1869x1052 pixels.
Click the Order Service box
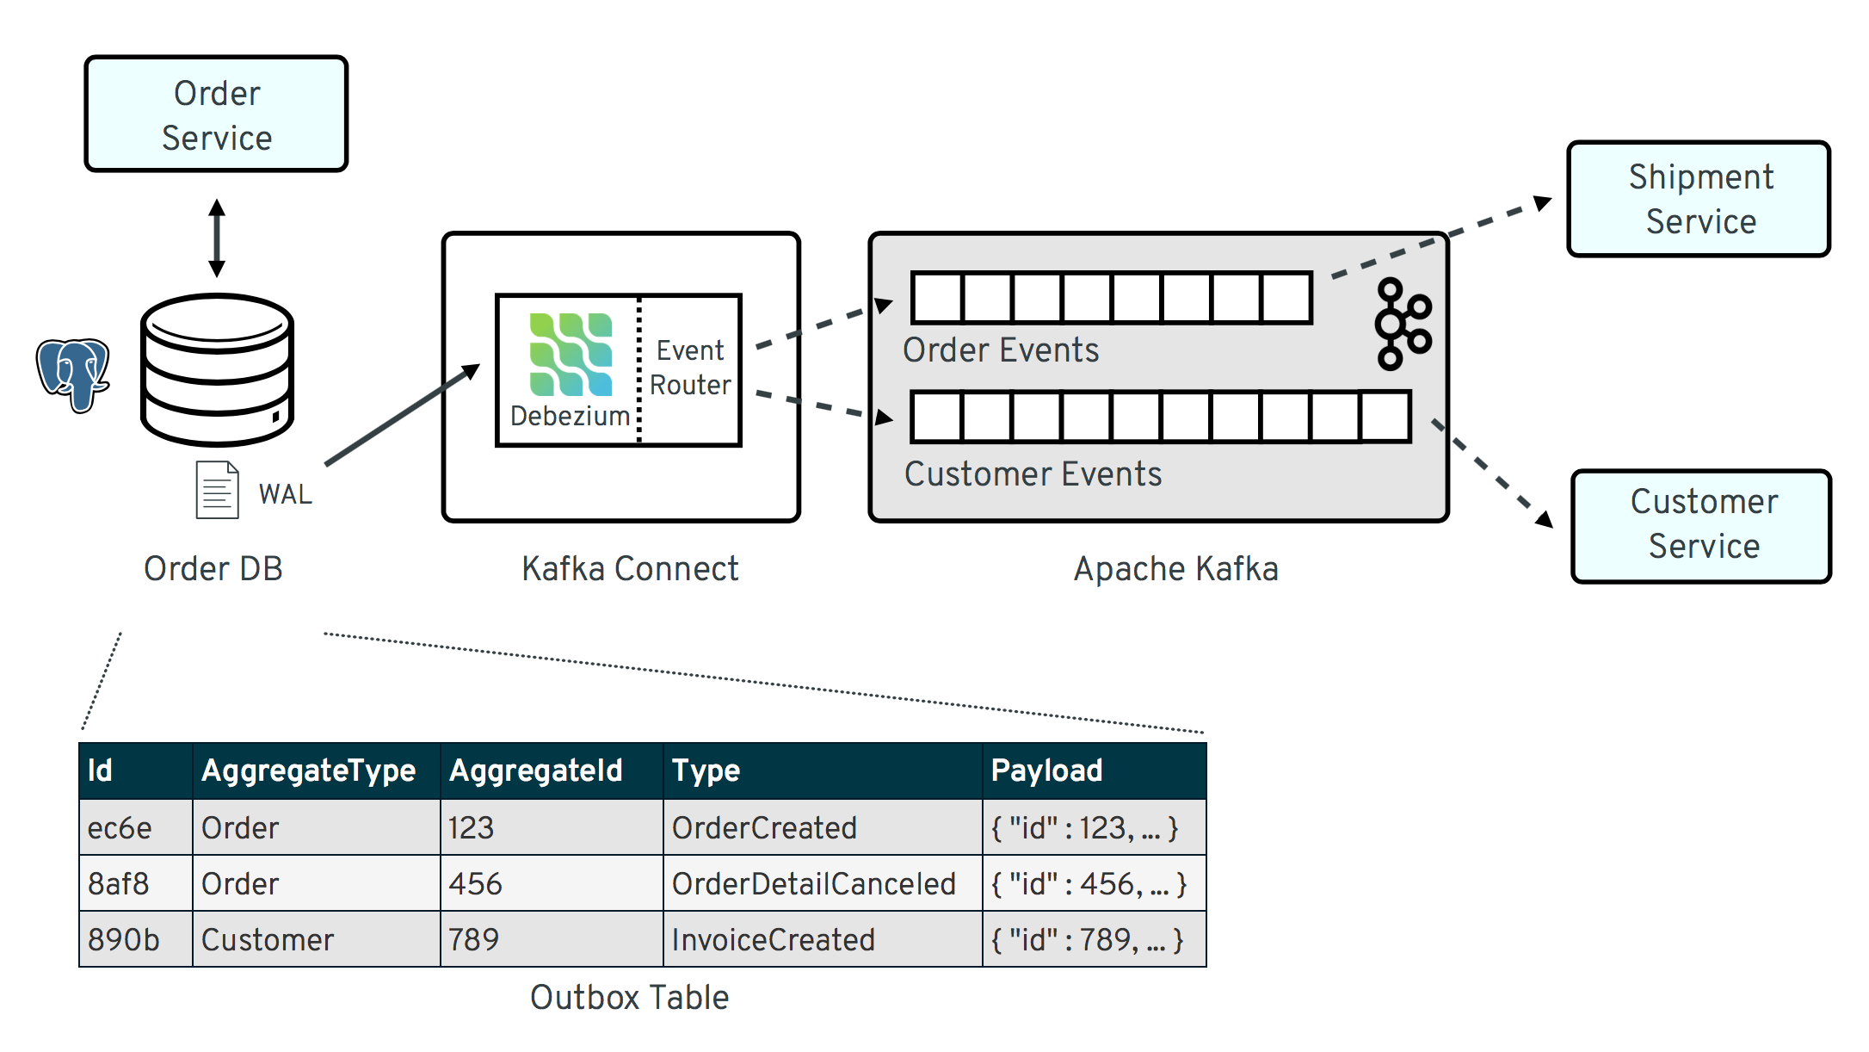click(216, 114)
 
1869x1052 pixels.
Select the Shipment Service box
click(1699, 199)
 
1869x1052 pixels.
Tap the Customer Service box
click(1701, 524)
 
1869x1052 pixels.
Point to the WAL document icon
click(217, 490)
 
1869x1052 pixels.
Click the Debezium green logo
click(571, 355)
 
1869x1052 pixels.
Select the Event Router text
click(690, 368)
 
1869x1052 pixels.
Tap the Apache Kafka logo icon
click(1402, 324)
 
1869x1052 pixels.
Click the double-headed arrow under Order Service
click(217, 238)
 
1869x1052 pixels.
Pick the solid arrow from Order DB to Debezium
click(401, 415)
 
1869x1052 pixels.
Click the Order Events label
click(1001, 350)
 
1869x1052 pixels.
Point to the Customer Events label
click(1033, 474)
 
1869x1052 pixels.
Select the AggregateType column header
click(308, 770)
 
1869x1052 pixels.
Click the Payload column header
click(1046, 770)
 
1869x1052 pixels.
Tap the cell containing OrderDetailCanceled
click(813, 884)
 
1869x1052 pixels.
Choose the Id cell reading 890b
click(124, 939)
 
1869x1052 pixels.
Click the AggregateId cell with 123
click(471, 828)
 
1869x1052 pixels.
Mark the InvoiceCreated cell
click(773, 939)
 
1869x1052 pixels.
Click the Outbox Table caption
click(629, 998)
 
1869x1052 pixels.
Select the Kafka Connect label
click(630, 569)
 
